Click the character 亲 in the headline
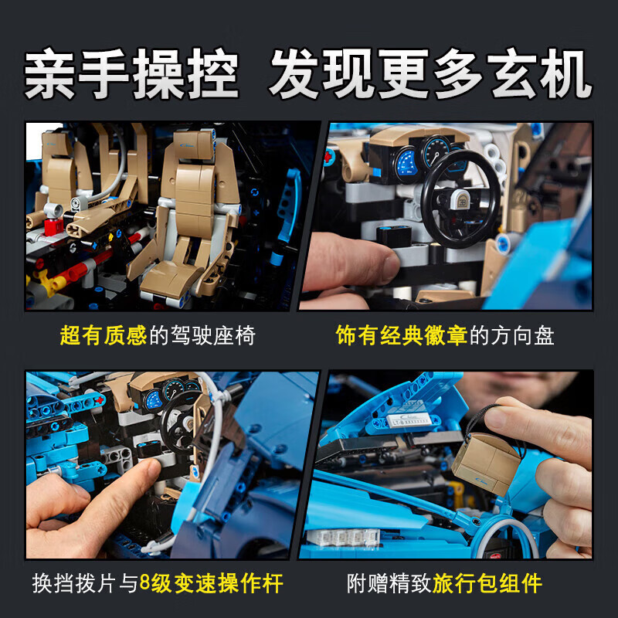click(50, 73)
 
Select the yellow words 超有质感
click(104, 336)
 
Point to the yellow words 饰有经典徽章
click(402, 336)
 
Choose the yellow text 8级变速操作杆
click(211, 583)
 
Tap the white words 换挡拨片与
click(85, 583)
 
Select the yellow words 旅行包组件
click(487, 583)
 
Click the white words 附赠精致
click(389, 583)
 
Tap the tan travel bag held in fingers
click(487, 462)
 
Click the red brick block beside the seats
click(53, 226)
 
